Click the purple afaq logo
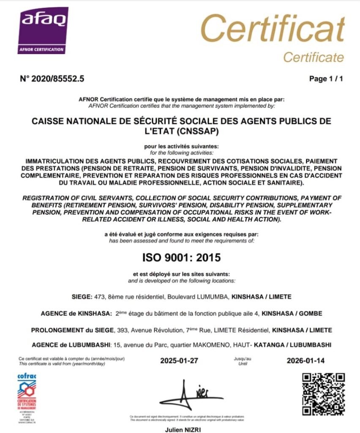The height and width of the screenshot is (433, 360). click(x=43, y=30)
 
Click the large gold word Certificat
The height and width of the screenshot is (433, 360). click(x=272, y=30)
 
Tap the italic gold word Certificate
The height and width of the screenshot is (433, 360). click(x=313, y=57)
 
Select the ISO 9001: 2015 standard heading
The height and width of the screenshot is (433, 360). click(x=180, y=257)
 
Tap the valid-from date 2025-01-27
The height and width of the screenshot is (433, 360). click(x=179, y=361)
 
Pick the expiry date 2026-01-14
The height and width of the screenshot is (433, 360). click(x=306, y=361)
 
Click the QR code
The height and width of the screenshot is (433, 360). click(x=324, y=394)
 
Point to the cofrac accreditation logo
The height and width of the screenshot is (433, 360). click(x=27, y=394)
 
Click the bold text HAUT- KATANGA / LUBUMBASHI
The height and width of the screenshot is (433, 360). click(x=290, y=345)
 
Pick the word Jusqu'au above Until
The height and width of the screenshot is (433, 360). click(x=242, y=359)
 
